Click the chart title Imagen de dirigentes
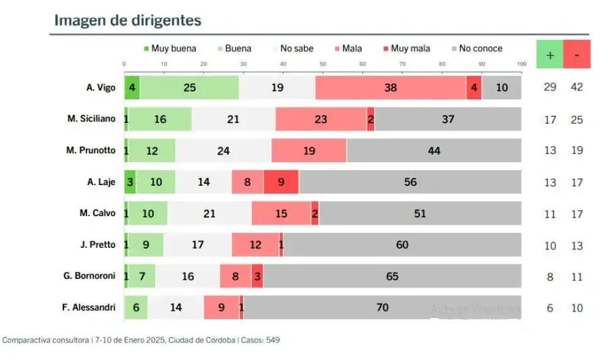tap(128, 20)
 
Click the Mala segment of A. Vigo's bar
tap(390, 87)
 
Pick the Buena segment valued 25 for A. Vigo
tap(189, 87)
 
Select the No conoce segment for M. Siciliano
tap(448, 119)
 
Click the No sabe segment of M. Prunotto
tap(223, 151)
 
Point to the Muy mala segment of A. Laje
tap(281, 182)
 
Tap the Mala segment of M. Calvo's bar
tap(281, 213)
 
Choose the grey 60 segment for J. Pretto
tap(402, 245)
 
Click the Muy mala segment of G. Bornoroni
tap(257, 276)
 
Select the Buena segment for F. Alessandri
tap(137, 307)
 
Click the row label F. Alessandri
tap(88, 308)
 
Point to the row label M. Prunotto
tap(91, 151)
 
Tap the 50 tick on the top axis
tap(323, 64)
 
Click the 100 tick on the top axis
tap(521, 64)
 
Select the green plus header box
tap(550, 55)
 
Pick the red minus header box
tap(577, 55)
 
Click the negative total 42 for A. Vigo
tap(577, 87)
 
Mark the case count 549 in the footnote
tap(273, 340)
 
